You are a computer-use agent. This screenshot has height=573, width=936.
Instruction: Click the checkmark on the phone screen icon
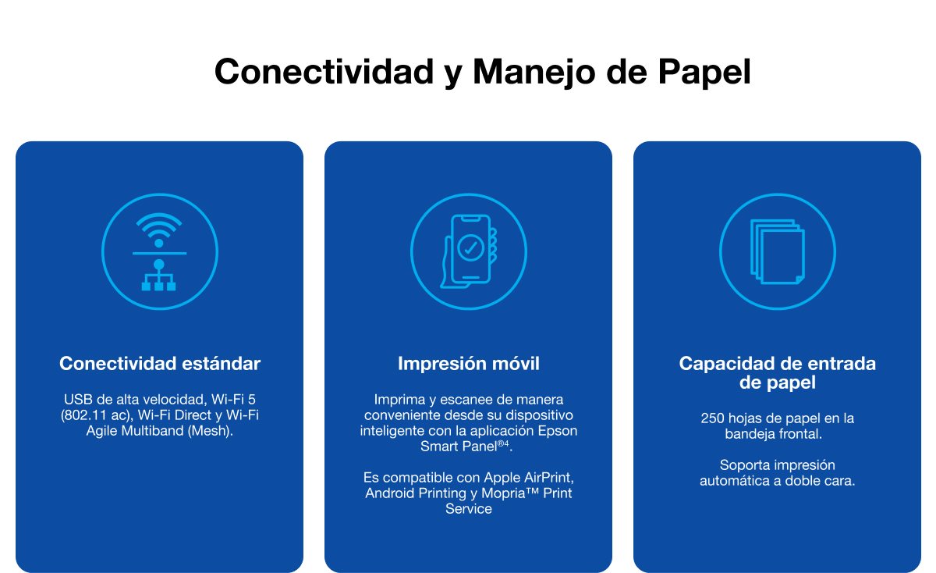(x=470, y=248)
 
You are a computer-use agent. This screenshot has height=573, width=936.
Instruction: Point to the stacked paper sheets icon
(x=777, y=251)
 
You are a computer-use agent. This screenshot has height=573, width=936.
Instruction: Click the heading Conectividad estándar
(x=160, y=364)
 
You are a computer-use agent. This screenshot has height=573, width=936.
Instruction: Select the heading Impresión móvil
(x=468, y=364)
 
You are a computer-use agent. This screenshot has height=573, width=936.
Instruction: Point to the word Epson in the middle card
(x=560, y=431)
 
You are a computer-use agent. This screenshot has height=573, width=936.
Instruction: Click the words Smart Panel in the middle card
(x=459, y=447)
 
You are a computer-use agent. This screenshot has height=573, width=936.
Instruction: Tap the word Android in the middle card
(x=391, y=493)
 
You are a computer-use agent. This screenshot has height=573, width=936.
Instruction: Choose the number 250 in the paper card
(x=713, y=418)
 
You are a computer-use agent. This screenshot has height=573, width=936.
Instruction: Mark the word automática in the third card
(x=736, y=481)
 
